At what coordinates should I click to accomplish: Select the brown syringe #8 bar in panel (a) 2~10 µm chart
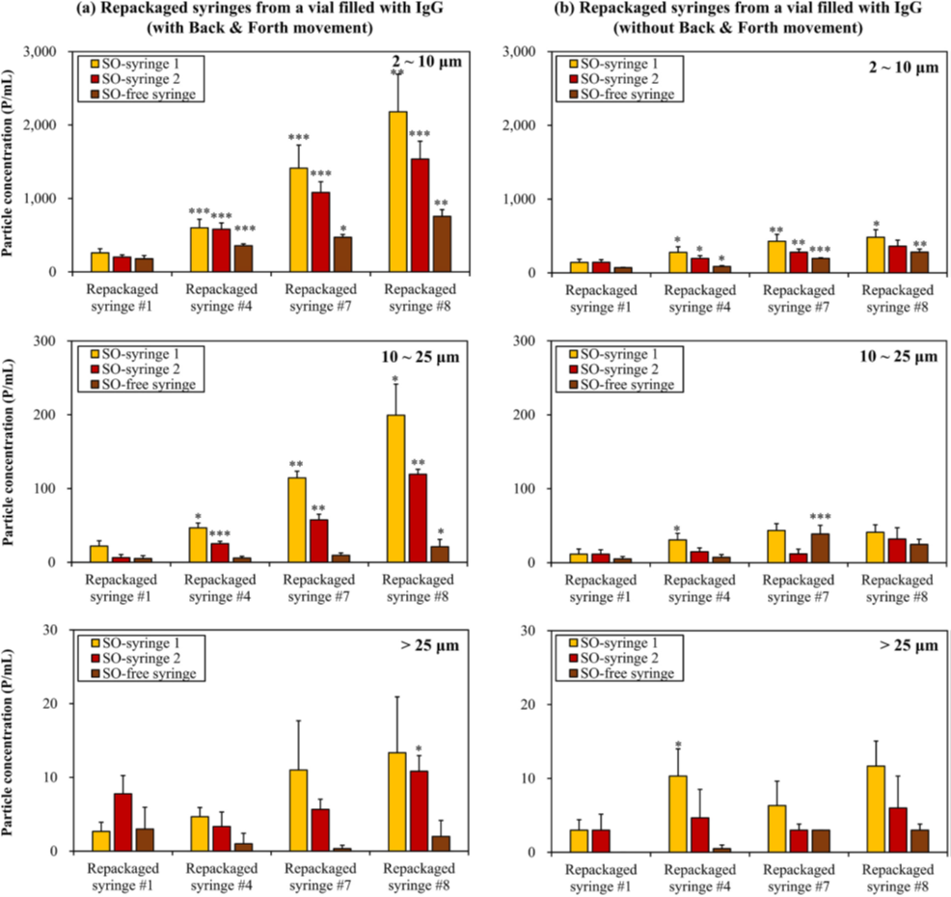(443, 244)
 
